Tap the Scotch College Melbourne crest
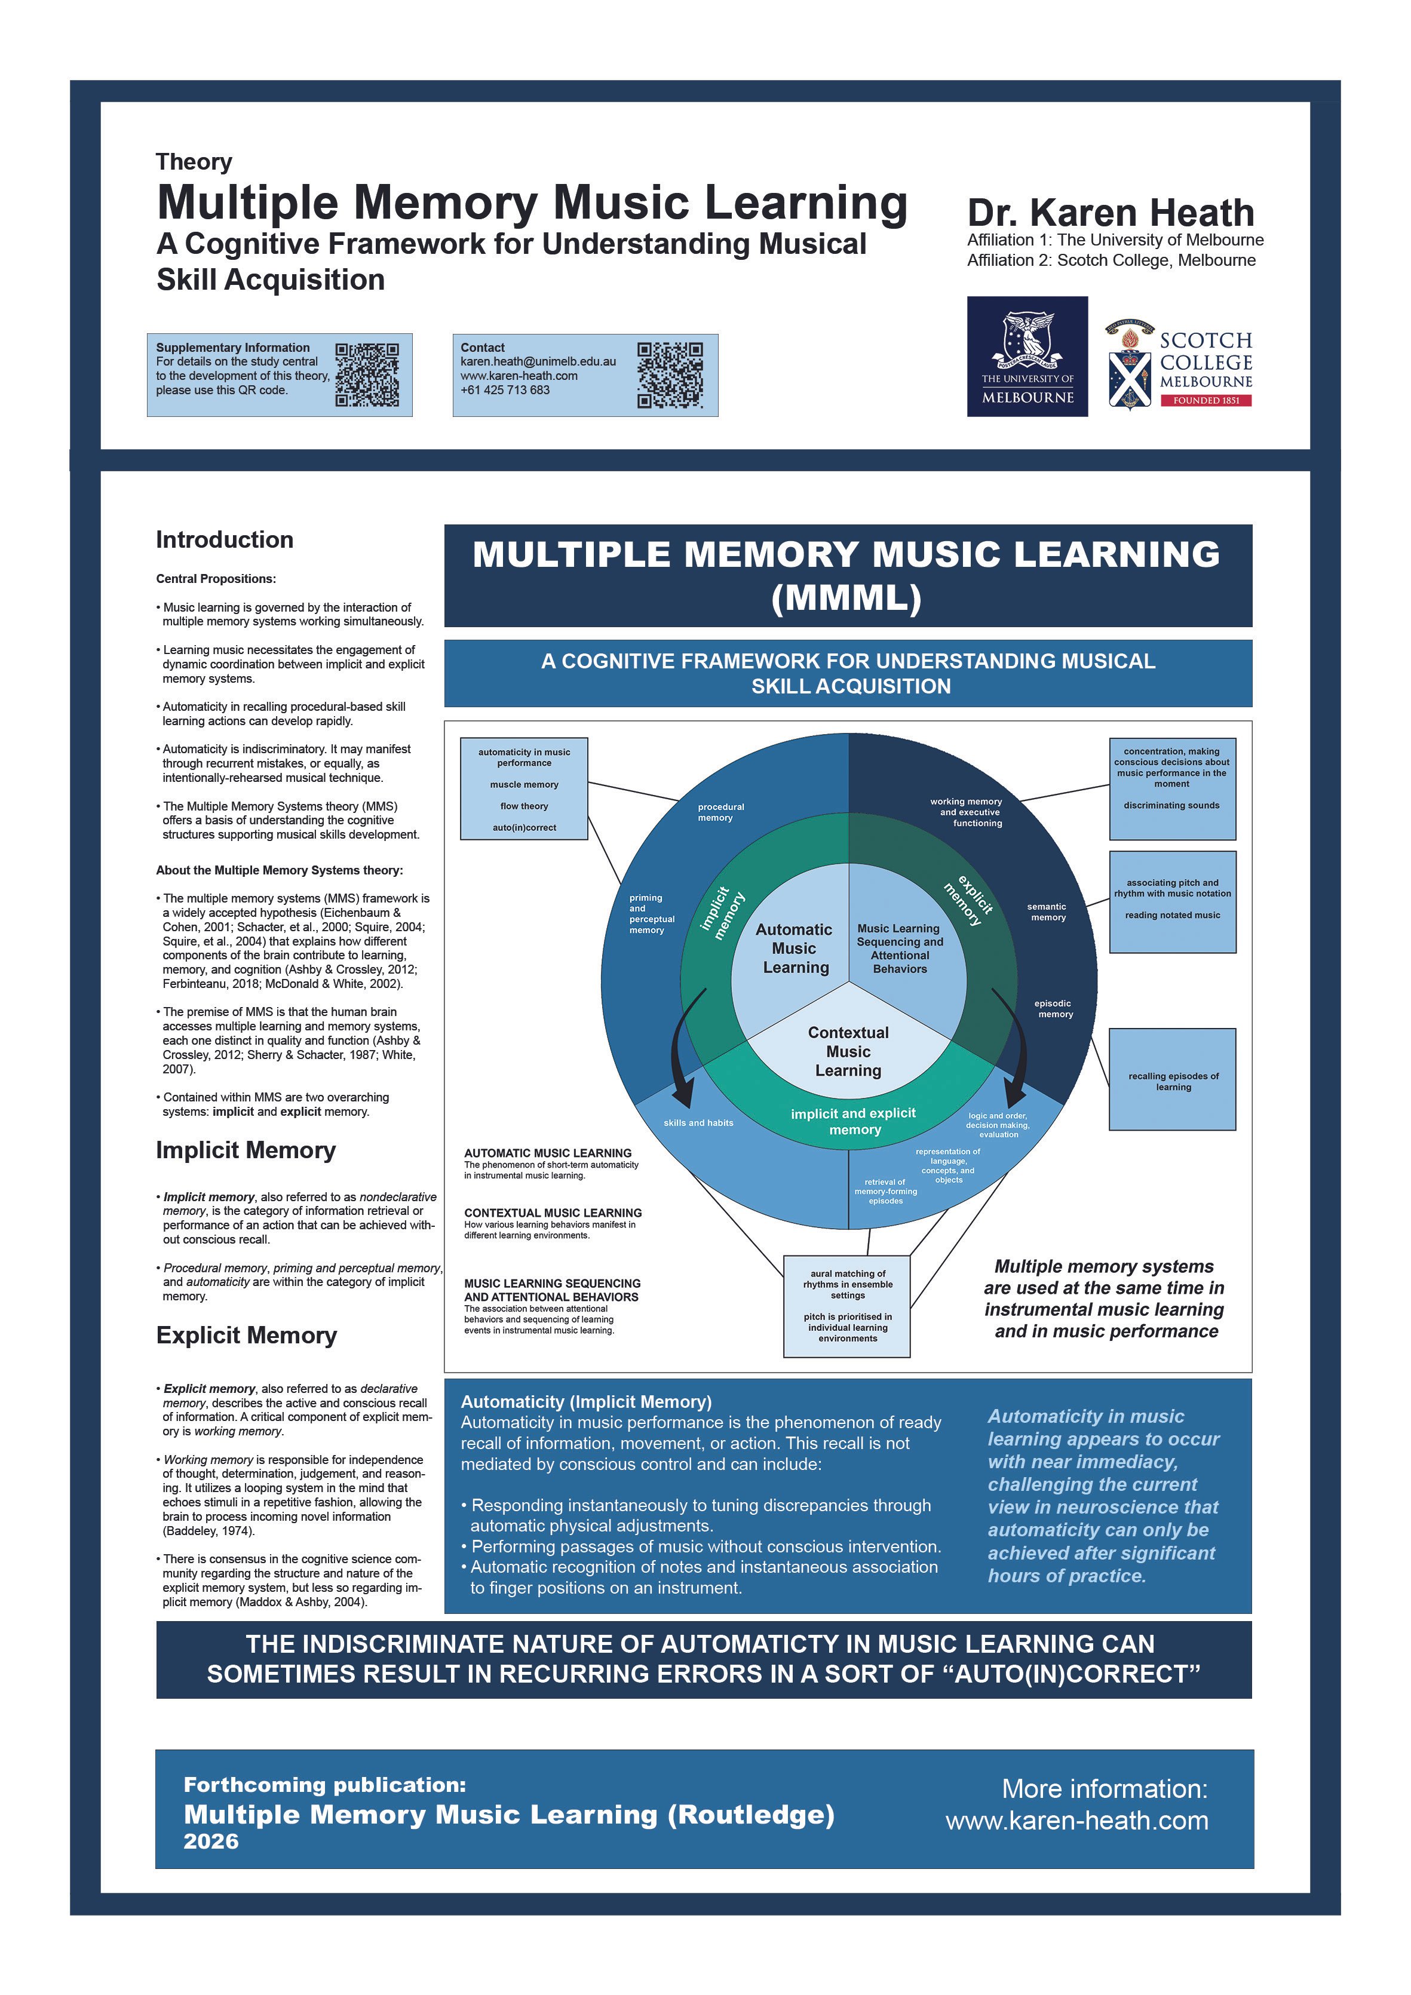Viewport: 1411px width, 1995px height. [x=1130, y=364]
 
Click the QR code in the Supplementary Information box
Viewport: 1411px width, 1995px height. [x=367, y=375]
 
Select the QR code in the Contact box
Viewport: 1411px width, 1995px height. [x=670, y=375]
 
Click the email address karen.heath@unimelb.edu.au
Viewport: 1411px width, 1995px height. [x=538, y=361]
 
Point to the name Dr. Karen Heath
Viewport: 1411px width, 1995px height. [x=1111, y=213]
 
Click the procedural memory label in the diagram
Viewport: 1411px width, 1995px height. [x=720, y=812]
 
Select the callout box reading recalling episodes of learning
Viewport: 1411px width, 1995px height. [x=1172, y=1079]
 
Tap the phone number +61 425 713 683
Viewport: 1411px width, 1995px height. [x=505, y=390]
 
